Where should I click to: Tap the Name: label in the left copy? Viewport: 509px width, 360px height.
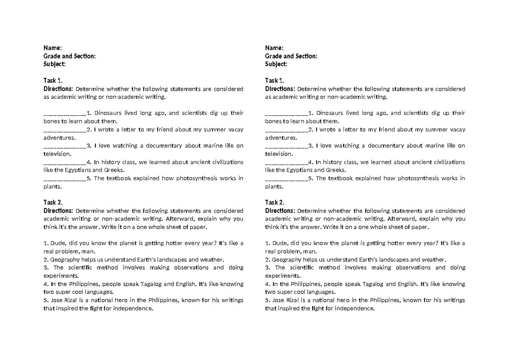(53, 48)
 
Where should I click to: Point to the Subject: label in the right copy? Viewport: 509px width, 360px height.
(276, 64)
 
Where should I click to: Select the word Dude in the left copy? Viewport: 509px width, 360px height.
(57, 243)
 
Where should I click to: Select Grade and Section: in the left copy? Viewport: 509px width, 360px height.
(70, 56)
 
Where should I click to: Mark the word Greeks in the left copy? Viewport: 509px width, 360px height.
(113, 170)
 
